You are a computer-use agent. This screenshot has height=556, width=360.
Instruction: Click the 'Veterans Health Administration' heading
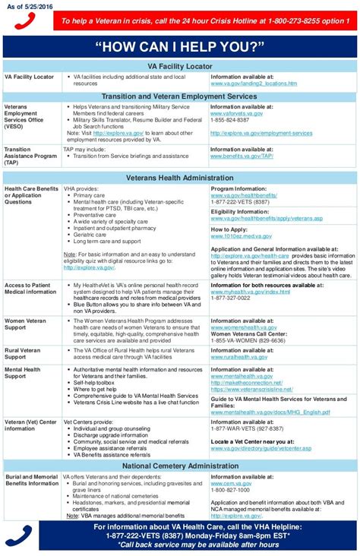pyautogui.click(x=179, y=178)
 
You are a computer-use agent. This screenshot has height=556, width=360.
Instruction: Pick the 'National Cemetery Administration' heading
pyautogui.click(x=179, y=465)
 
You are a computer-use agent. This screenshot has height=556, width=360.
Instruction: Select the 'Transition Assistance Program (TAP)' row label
pyautogui.click(x=29, y=156)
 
